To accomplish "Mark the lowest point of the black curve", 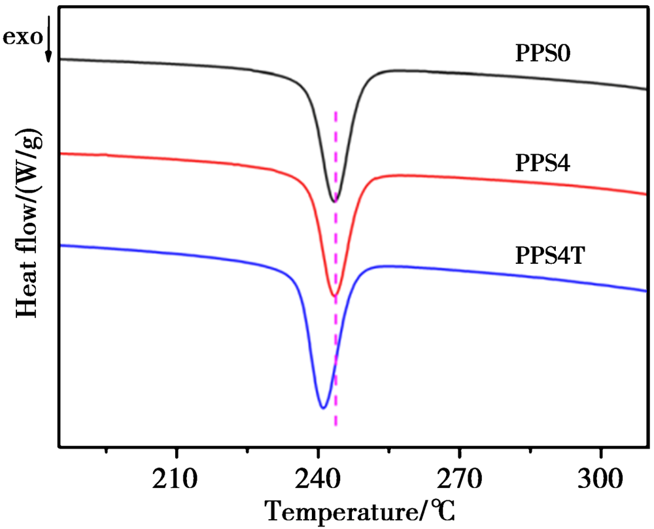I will pyautogui.click(x=334, y=201).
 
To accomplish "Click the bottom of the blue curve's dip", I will pyautogui.click(x=322, y=408).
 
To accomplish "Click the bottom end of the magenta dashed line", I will pyautogui.click(x=336, y=426).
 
